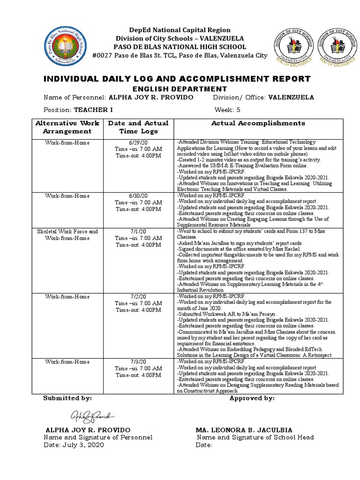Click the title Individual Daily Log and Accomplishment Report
point(177,79)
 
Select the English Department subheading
point(180,89)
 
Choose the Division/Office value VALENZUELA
point(284,97)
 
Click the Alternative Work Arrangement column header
point(67,127)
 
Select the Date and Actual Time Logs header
point(138,127)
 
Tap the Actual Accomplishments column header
point(258,123)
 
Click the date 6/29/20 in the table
point(138,142)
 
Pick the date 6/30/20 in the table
point(138,195)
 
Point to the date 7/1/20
point(138,232)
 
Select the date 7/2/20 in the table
point(138,297)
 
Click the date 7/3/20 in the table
point(138,362)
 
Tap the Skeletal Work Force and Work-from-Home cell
point(67,235)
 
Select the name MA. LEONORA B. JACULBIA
point(244,430)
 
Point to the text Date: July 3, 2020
point(74,445)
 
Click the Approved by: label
point(252,398)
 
